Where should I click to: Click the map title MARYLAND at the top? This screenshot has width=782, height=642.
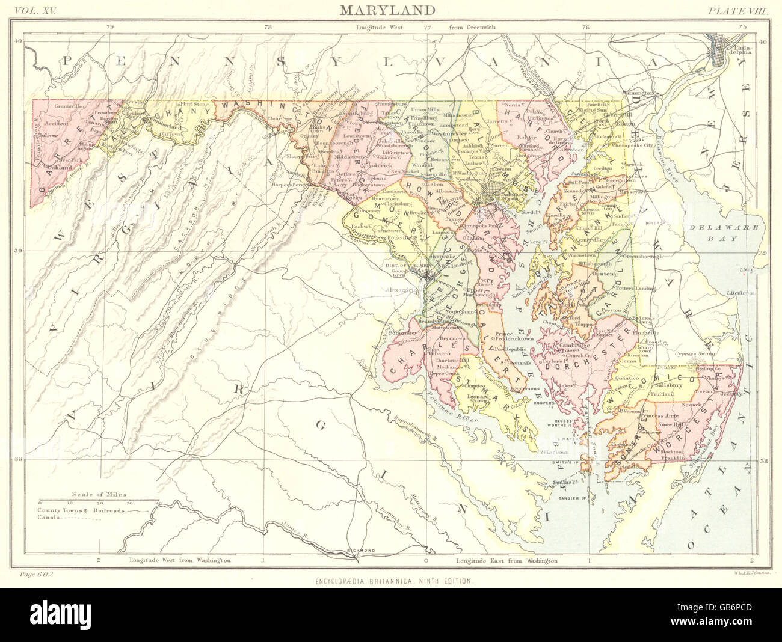click(x=387, y=10)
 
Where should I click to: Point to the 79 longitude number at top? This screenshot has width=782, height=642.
click(x=109, y=27)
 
